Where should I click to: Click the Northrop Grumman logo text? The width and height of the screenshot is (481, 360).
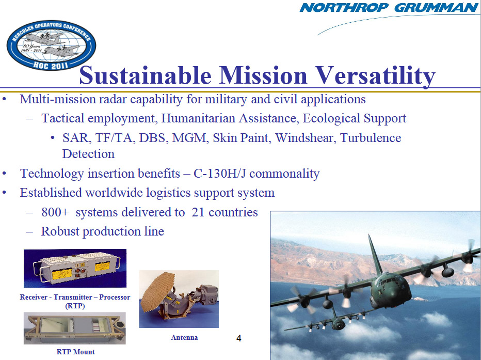click(x=389, y=8)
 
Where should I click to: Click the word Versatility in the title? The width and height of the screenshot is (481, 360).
click(x=376, y=75)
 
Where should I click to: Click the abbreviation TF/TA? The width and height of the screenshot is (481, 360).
click(x=115, y=138)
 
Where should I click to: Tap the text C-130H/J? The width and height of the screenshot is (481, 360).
click(x=220, y=174)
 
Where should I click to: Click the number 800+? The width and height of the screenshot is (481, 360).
click(x=55, y=212)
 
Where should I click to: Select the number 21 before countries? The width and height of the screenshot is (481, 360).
click(x=198, y=212)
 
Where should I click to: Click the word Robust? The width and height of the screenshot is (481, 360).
click(x=60, y=231)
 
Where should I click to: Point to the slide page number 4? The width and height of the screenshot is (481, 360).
click(x=238, y=338)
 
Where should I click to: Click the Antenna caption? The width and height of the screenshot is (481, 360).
click(x=184, y=337)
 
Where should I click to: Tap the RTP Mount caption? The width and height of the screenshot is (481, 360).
click(x=75, y=352)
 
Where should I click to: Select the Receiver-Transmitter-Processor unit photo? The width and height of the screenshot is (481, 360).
click(x=75, y=268)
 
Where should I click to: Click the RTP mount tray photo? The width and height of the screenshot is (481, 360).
click(x=74, y=328)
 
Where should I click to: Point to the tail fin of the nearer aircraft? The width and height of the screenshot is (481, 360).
click(x=375, y=255)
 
